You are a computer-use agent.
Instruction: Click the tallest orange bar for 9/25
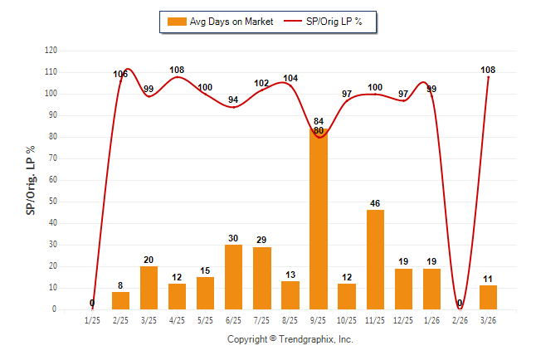(x=319, y=220)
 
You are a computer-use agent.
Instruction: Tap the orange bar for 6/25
(x=234, y=277)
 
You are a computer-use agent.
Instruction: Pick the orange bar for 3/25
(x=149, y=288)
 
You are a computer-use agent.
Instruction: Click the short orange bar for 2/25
(x=121, y=300)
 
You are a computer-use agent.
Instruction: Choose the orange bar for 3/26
(x=489, y=297)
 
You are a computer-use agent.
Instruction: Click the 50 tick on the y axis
(x=53, y=202)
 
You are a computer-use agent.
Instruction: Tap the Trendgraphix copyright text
(x=290, y=339)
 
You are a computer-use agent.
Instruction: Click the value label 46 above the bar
(x=375, y=203)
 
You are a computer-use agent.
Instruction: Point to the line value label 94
(x=233, y=100)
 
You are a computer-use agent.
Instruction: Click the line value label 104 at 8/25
(x=290, y=79)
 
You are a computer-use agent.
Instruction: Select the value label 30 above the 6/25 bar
(x=234, y=238)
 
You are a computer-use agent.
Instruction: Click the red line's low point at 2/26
(x=460, y=308)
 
